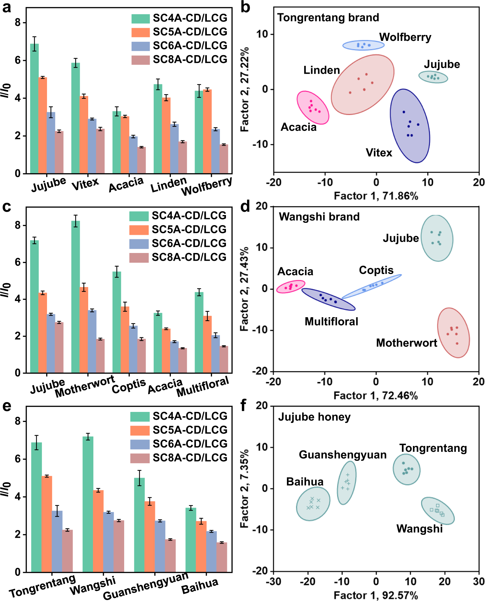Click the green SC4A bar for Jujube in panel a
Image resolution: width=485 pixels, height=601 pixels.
(34, 109)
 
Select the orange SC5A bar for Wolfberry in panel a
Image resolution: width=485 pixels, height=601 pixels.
(207, 131)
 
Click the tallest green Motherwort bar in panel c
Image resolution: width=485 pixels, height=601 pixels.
(76, 297)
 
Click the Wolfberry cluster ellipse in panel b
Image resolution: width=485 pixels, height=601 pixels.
(363, 45)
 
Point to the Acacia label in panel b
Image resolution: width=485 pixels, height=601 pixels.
(298, 127)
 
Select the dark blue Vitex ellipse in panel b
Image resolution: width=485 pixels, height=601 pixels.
(410, 126)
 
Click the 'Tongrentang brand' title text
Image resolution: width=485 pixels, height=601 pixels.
(328, 18)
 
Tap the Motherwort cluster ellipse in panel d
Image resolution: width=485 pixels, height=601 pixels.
(453, 333)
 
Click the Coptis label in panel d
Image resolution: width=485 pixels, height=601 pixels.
(376, 270)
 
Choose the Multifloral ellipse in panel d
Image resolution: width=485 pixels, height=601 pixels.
(328, 299)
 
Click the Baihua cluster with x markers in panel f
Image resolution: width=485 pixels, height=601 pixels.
(313, 504)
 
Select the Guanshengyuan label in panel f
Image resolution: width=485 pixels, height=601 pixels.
(342, 455)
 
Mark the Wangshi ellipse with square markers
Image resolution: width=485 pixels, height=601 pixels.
(438, 511)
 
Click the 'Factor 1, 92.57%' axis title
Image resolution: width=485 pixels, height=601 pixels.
(375, 595)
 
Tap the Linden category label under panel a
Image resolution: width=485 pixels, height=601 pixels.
(169, 185)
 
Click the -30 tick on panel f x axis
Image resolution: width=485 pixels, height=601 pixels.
(273, 581)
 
